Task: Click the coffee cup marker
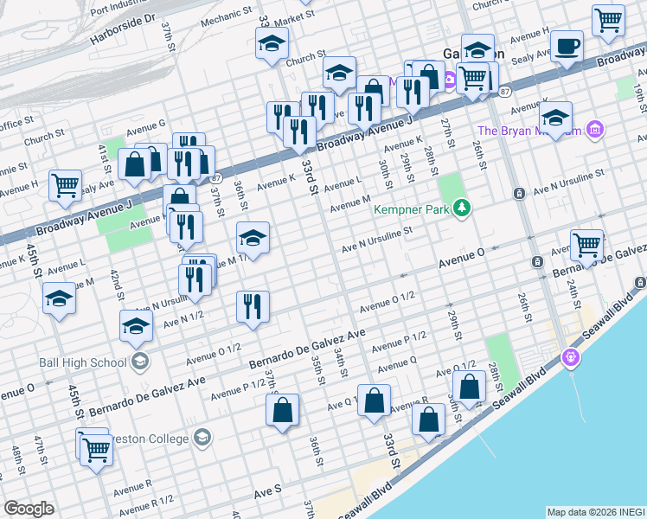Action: pyautogui.click(x=567, y=46)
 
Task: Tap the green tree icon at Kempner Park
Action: pyautogui.click(x=463, y=208)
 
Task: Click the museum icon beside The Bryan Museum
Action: pyautogui.click(x=593, y=131)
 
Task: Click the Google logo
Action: pyautogui.click(x=29, y=508)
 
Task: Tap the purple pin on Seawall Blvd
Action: pyautogui.click(x=570, y=356)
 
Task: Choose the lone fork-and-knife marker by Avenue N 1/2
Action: pyautogui.click(x=253, y=306)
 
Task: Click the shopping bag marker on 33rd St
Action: pyautogui.click(x=374, y=401)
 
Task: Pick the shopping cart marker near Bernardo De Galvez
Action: pyautogui.click(x=586, y=245)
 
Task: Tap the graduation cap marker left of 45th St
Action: pyautogui.click(x=59, y=298)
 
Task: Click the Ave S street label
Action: pyautogui.click(x=267, y=490)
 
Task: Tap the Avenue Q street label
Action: pyautogui.click(x=397, y=362)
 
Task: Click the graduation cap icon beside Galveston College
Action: pyautogui.click(x=202, y=438)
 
